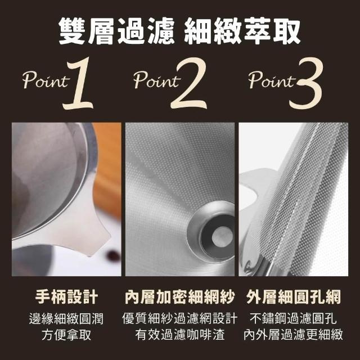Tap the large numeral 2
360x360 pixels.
click(189, 83)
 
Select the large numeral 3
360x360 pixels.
click(306, 83)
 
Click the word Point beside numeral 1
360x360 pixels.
click(46, 80)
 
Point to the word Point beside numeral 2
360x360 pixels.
click(157, 80)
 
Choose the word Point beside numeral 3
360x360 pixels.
click(272, 80)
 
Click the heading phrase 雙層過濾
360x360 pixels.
click(116, 31)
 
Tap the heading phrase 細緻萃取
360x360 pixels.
click(242, 31)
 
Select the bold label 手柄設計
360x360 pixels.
click(66, 296)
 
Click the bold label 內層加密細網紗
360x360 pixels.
click(180, 296)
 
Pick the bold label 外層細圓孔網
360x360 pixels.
click(294, 296)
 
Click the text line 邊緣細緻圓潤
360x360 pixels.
click(66, 318)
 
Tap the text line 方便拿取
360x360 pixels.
click(66, 335)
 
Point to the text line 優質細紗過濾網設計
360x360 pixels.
click(180, 318)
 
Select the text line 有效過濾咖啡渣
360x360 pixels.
click(180, 335)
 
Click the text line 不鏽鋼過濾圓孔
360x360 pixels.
click(293, 318)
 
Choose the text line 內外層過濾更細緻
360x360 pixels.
click(293, 335)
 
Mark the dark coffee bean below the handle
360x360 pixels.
click(113, 255)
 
